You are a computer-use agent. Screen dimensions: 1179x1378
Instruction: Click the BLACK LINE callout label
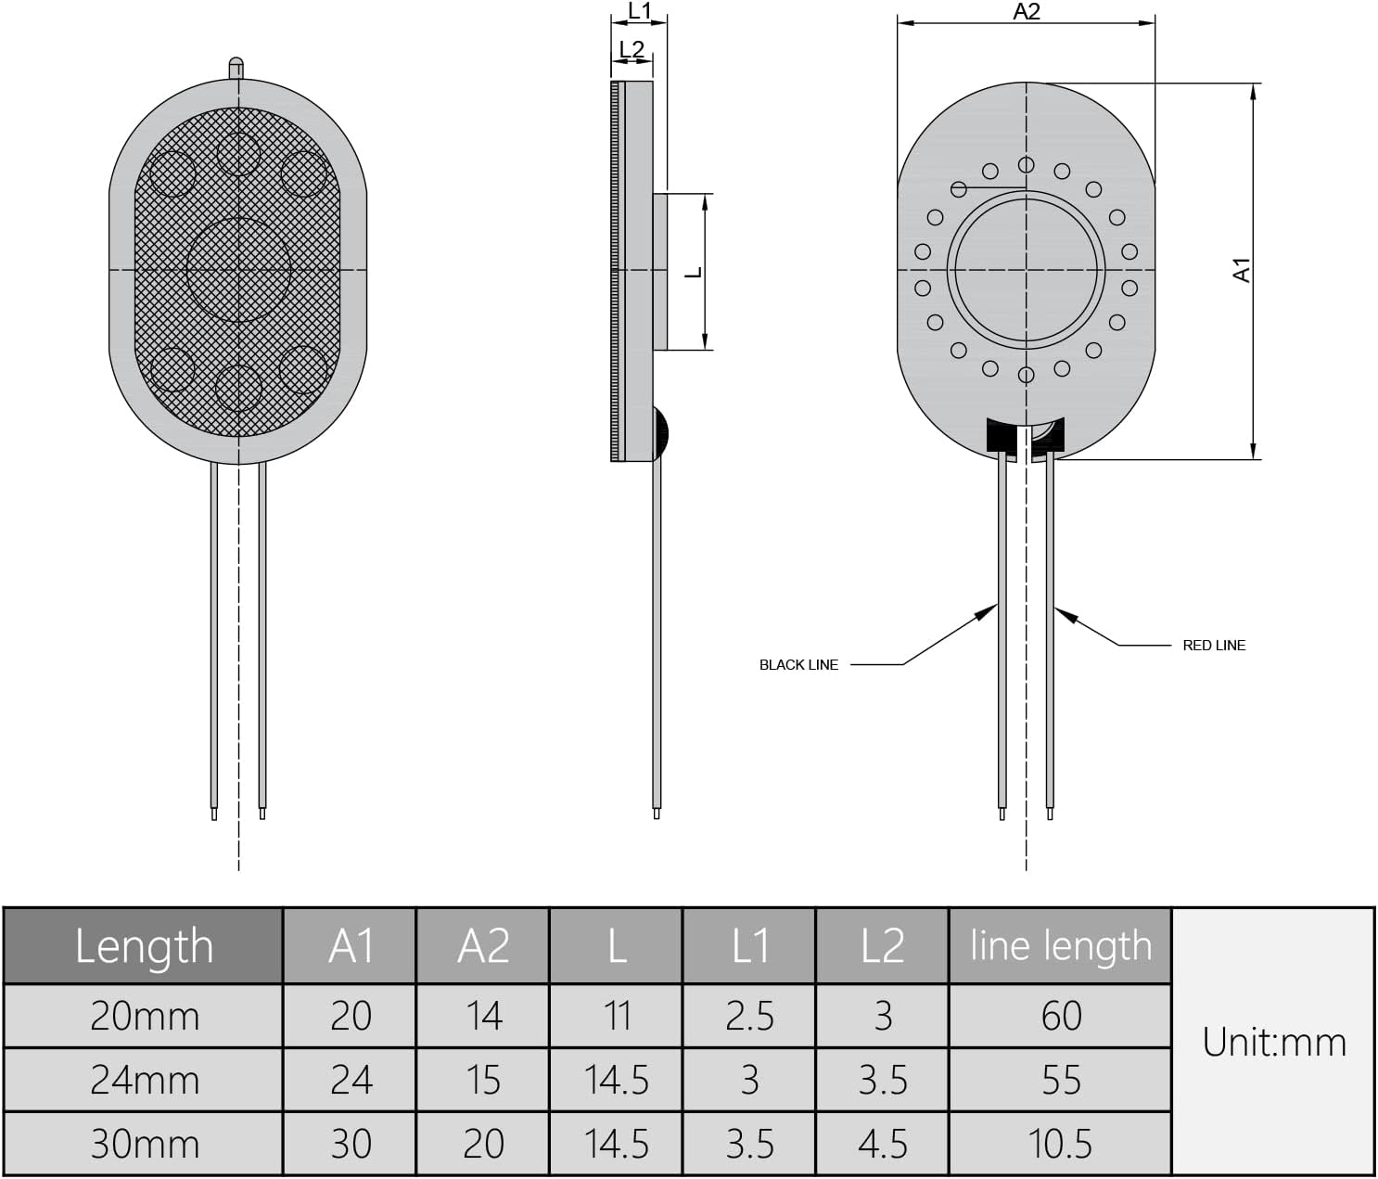(x=797, y=664)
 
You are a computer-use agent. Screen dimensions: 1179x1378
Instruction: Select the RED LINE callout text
(x=1213, y=645)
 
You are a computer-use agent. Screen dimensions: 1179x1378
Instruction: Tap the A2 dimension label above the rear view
(x=1026, y=11)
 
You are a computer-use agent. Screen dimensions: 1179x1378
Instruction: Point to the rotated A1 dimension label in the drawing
(x=1241, y=270)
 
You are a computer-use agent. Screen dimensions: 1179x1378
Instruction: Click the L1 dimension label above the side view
(x=640, y=10)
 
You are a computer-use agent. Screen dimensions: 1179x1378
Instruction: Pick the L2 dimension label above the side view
(x=631, y=49)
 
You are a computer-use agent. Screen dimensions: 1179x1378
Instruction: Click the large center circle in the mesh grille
(x=238, y=270)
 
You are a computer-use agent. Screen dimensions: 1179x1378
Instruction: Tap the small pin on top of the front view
(x=236, y=68)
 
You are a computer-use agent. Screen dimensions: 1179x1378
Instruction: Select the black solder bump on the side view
(x=660, y=432)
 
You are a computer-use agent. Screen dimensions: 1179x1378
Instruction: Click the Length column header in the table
(x=144, y=946)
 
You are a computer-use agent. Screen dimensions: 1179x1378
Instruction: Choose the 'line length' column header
(x=1060, y=946)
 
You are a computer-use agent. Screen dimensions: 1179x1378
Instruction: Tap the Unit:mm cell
(x=1273, y=1042)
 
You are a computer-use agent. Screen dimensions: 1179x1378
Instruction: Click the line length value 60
(x=1060, y=1016)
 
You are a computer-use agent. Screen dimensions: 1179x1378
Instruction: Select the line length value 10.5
(x=1060, y=1144)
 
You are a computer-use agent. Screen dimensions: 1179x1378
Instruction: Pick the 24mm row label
(x=144, y=1080)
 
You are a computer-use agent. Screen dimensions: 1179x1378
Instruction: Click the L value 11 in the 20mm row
(x=617, y=1016)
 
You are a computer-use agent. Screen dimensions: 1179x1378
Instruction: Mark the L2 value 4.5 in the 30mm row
(x=882, y=1144)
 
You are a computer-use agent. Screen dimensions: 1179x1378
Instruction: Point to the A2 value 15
(x=483, y=1080)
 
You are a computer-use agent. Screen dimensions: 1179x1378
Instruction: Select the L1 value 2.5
(x=749, y=1016)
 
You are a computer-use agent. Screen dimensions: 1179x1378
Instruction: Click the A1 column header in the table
(x=351, y=946)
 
